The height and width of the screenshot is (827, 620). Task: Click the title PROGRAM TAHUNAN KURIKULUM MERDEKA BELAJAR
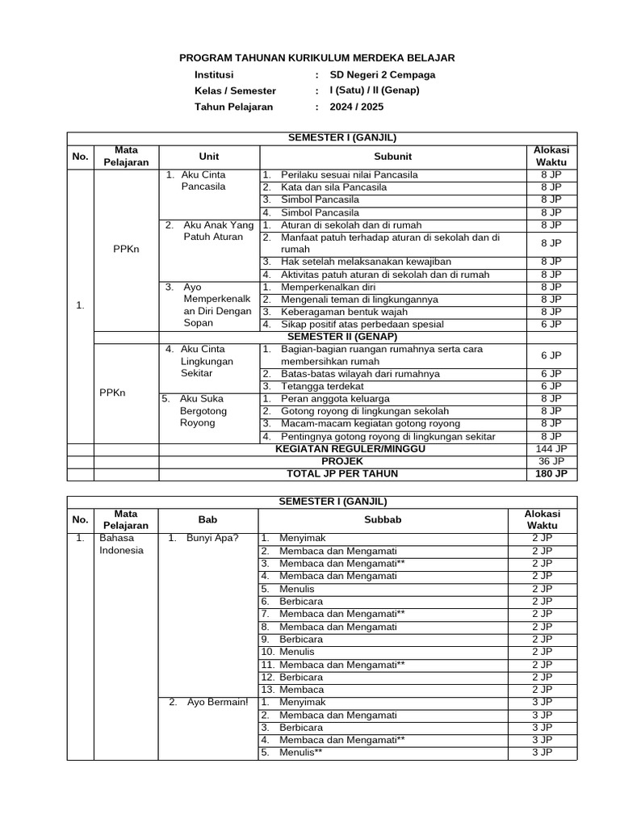316,58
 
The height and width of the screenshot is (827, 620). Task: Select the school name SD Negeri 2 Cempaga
387,74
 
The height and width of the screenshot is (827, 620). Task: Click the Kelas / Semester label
235,90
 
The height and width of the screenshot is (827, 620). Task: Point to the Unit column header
208,156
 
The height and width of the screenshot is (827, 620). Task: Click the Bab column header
208,519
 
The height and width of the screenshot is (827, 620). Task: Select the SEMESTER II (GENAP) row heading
337,336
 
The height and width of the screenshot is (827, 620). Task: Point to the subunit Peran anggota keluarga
335,399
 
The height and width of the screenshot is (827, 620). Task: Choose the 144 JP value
551,449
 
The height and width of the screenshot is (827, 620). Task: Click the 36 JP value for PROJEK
551,461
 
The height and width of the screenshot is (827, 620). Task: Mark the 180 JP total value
551,474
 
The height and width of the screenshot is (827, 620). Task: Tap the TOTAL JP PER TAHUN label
337,474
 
